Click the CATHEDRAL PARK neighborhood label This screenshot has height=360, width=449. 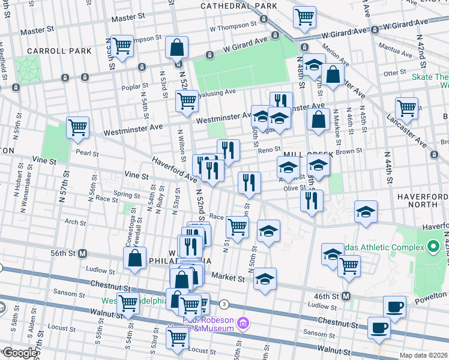click(x=239, y=6)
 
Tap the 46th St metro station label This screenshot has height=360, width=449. click(x=329, y=296)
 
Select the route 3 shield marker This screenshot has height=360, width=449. click(x=224, y=304)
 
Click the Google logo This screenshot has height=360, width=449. click(x=19, y=353)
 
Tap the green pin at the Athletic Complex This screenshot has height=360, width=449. click(x=432, y=247)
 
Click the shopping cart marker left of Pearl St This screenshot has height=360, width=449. click(x=77, y=128)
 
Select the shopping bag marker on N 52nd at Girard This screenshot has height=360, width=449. click(x=177, y=47)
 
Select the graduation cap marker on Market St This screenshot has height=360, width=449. click(x=265, y=278)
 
